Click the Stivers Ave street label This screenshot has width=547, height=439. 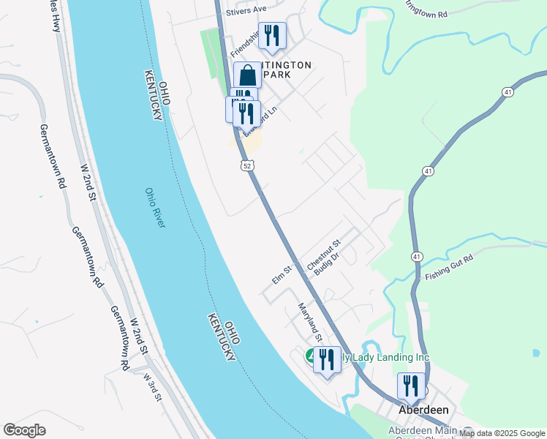[246, 10]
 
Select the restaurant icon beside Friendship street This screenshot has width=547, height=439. [272, 36]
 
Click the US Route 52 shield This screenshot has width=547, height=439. [249, 167]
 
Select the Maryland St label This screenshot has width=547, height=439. [310, 323]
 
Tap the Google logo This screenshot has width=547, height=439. [25, 430]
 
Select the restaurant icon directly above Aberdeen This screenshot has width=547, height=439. [411, 386]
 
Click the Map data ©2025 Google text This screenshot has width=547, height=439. [502, 433]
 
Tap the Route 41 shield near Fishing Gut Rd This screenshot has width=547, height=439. [416, 257]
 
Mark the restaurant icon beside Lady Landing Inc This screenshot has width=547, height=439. [327, 359]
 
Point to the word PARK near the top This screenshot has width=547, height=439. [277, 75]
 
